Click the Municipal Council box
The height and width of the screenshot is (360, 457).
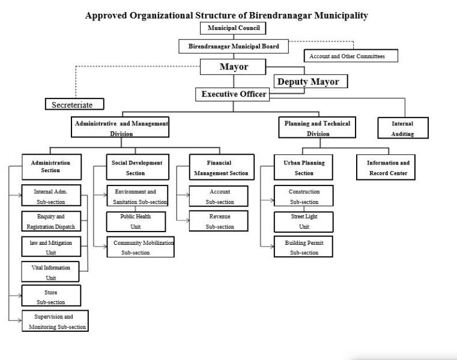(x=233, y=28)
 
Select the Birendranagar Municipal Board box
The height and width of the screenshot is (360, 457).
(x=234, y=46)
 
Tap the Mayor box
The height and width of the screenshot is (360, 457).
(x=233, y=67)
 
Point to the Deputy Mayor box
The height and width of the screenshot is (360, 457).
(x=310, y=81)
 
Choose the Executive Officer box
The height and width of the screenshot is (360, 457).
(x=232, y=94)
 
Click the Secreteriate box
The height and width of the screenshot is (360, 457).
(x=74, y=104)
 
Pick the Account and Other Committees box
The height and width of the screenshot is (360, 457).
(x=351, y=56)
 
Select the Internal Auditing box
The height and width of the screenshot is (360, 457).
(x=403, y=128)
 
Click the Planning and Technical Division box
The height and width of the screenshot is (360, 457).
(x=317, y=127)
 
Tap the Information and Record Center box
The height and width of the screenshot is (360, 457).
(x=386, y=167)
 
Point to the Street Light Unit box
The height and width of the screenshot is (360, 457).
(x=304, y=222)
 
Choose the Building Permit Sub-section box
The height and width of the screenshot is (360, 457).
(x=303, y=247)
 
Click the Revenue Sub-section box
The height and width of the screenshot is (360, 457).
(x=219, y=221)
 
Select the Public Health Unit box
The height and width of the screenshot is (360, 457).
(x=136, y=221)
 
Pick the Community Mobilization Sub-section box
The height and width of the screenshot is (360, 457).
(x=141, y=247)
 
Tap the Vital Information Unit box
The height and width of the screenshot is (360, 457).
(x=50, y=272)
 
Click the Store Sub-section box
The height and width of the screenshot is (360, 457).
(x=51, y=296)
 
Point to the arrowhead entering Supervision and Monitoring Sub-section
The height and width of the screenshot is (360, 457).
(x=20, y=320)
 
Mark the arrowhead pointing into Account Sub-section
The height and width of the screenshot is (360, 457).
(x=187, y=195)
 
